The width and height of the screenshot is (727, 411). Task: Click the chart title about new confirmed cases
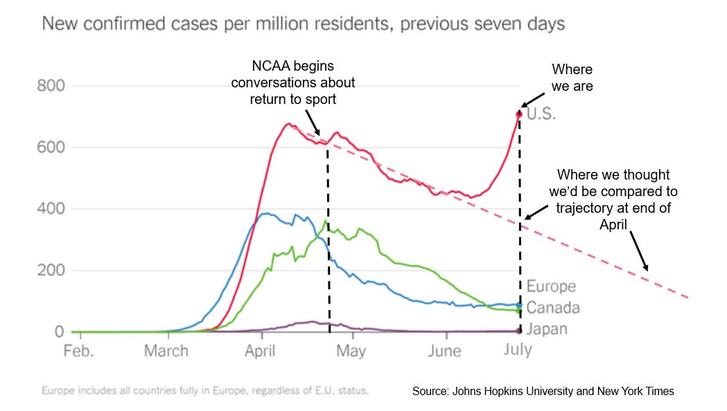click(304, 24)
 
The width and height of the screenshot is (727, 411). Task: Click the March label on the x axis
click(166, 350)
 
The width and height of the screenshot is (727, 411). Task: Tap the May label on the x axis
click(351, 350)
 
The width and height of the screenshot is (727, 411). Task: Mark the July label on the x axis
click(517, 349)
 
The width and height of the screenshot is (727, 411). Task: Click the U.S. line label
click(542, 114)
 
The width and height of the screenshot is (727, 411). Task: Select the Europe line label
click(551, 286)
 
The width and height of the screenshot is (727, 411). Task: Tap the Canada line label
click(552, 307)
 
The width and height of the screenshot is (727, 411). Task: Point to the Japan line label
click(547, 329)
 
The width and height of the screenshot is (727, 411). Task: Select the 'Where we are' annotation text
click(573, 78)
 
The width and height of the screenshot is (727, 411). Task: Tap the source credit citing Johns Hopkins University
click(543, 392)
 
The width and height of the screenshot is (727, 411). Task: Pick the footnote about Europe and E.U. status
click(205, 391)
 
